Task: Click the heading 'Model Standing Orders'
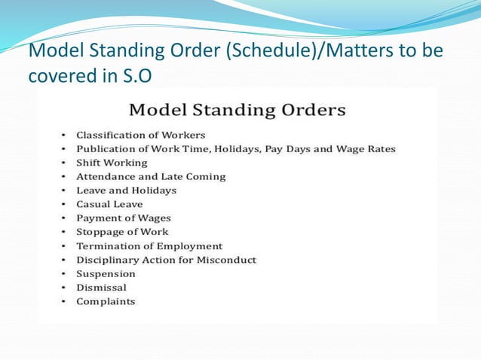click(237, 110)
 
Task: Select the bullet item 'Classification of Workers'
click(140, 135)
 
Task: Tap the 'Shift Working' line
click(112, 163)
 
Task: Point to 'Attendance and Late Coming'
click(150, 176)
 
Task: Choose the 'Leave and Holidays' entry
click(126, 191)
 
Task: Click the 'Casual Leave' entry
click(109, 204)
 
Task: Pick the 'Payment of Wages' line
click(123, 218)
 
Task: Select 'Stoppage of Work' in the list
click(122, 232)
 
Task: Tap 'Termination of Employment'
click(149, 246)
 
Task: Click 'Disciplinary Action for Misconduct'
click(166, 260)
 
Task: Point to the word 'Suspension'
click(106, 274)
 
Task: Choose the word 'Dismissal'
click(101, 288)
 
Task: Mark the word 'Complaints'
click(106, 301)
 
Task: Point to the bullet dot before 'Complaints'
click(65, 302)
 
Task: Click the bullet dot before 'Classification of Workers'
click(65, 136)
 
